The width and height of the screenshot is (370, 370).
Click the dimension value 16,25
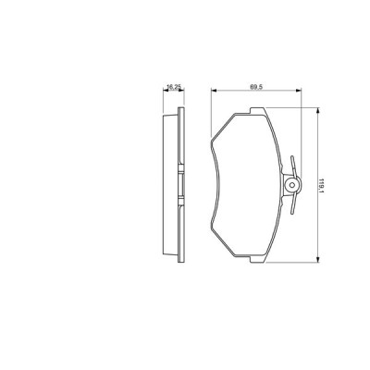click(172, 86)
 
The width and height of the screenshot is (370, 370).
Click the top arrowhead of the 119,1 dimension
click(320, 110)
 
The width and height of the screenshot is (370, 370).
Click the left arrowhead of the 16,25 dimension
click(165, 91)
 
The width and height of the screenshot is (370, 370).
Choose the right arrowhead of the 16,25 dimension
click(180, 91)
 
